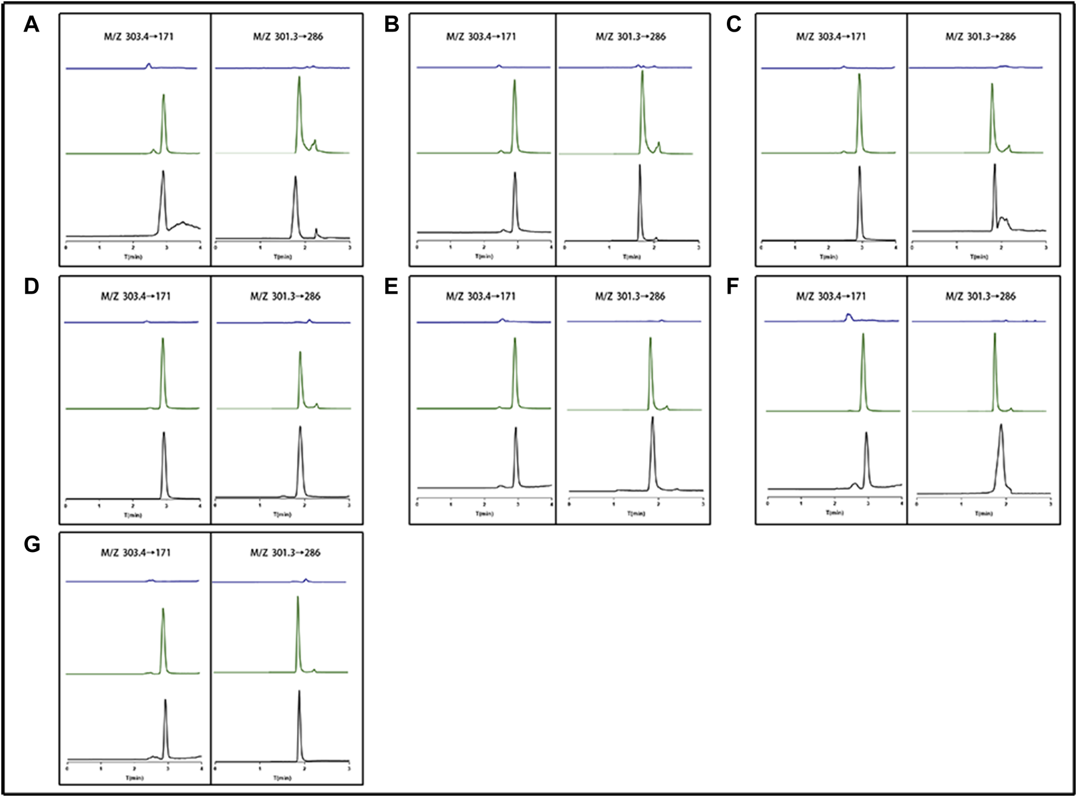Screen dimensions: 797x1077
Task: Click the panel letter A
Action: [32, 26]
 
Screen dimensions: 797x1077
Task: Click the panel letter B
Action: [392, 26]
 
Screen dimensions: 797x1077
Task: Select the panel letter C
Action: [734, 26]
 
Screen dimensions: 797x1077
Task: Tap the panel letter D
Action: [32, 286]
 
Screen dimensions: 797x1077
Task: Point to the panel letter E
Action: [391, 286]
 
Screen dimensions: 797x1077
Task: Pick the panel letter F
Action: [733, 286]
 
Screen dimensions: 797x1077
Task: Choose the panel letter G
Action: [32, 543]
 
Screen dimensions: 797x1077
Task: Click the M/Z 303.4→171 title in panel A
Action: [139, 36]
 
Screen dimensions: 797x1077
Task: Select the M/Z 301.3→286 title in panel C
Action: [980, 36]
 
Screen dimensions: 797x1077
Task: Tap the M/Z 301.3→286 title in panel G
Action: [285, 553]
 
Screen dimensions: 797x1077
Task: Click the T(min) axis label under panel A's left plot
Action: [133, 257]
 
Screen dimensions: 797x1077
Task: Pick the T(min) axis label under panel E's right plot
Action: [636, 514]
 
